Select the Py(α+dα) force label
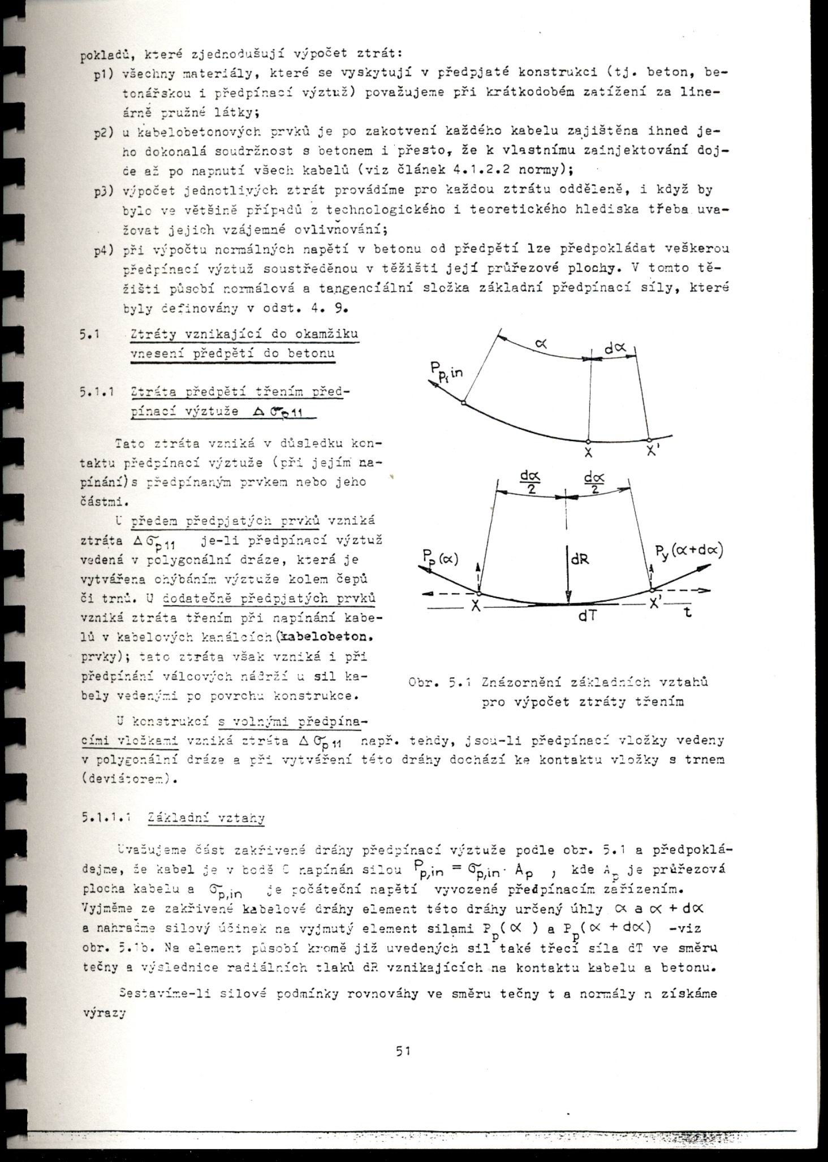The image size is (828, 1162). click(x=689, y=550)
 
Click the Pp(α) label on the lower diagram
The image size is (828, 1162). click(x=441, y=559)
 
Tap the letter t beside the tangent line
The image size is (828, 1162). click(x=688, y=612)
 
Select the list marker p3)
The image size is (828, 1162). click(x=105, y=191)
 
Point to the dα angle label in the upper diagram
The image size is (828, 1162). click(x=614, y=349)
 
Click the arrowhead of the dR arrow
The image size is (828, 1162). click(x=568, y=598)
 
